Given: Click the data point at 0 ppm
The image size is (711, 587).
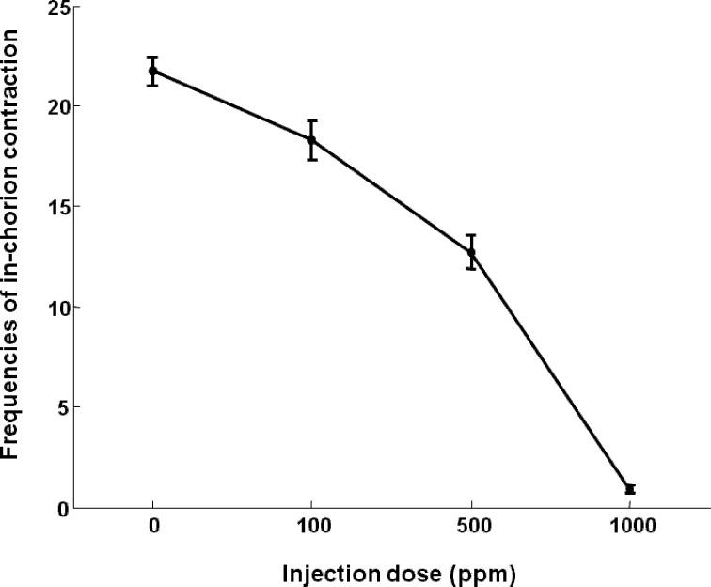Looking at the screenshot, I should [x=152, y=71].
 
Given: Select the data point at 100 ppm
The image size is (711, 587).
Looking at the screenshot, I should [x=311, y=140].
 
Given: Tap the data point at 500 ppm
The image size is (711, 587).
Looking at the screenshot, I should [x=471, y=252].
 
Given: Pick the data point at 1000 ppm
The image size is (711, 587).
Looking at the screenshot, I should [x=630, y=488].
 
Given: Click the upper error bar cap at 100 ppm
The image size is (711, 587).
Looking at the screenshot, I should [x=311, y=120].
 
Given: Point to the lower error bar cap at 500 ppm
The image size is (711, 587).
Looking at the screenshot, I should [x=471, y=269].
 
